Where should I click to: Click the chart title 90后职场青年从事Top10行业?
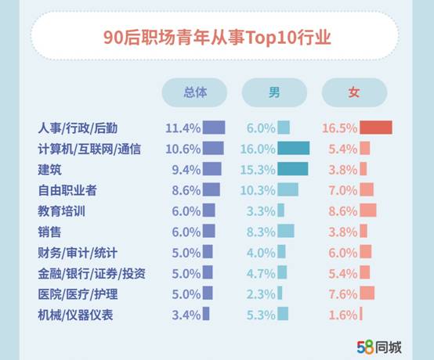pyautogui.click(x=217, y=36)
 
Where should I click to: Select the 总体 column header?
pyautogui.click(x=194, y=92)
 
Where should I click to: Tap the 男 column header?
pyautogui.click(x=274, y=92)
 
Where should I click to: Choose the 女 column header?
pyautogui.click(x=354, y=92)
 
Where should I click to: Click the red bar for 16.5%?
pyautogui.click(x=376, y=128)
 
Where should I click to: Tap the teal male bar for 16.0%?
pyautogui.click(x=294, y=149)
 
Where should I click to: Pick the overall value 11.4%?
pyautogui.click(x=183, y=128)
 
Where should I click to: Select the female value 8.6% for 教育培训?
pyautogui.click(x=342, y=211)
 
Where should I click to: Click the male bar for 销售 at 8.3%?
pyautogui.click(x=286, y=231)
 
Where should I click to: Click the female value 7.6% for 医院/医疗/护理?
pyautogui.click(x=342, y=293)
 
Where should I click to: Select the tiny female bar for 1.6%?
pyautogui.click(x=361, y=315)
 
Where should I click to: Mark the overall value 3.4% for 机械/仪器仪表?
pyautogui.click(x=183, y=315)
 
